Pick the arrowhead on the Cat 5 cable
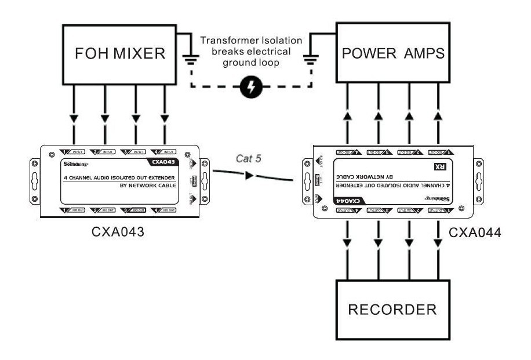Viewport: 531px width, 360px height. tap(249, 174)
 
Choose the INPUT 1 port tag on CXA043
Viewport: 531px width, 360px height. tap(72, 151)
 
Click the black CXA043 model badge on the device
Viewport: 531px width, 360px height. tap(162, 163)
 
